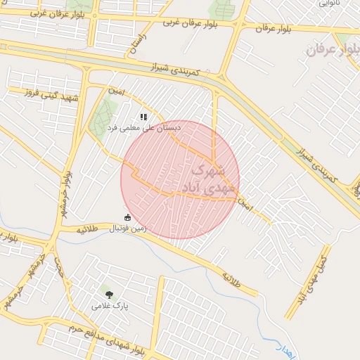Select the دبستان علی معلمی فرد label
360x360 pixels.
tap(143, 128)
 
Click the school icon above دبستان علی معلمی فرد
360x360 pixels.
tap(143, 117)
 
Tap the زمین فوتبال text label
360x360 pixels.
tap(127, 228)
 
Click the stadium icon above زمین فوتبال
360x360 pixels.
tap(127, 217)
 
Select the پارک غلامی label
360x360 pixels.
tap(107, 305)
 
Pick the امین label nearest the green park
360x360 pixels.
tap(115, 91)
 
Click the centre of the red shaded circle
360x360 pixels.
tap(180, 179)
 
